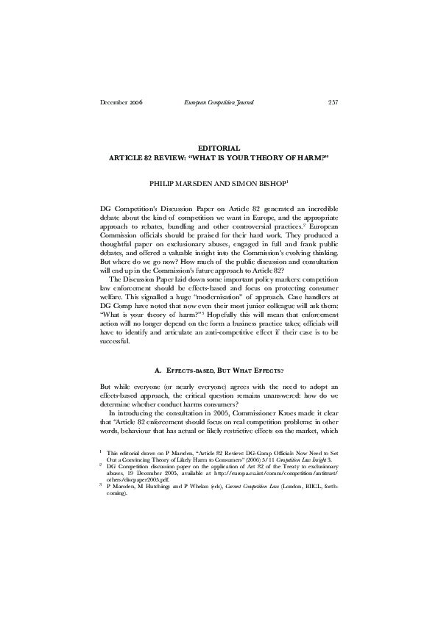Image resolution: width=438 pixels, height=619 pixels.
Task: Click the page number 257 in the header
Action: (333, 102)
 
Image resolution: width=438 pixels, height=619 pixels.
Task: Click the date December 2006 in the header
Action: (121, 102)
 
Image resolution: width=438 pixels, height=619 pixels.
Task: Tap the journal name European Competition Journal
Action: (219, 102)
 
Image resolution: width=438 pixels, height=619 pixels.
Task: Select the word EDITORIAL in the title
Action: (219, 148)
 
